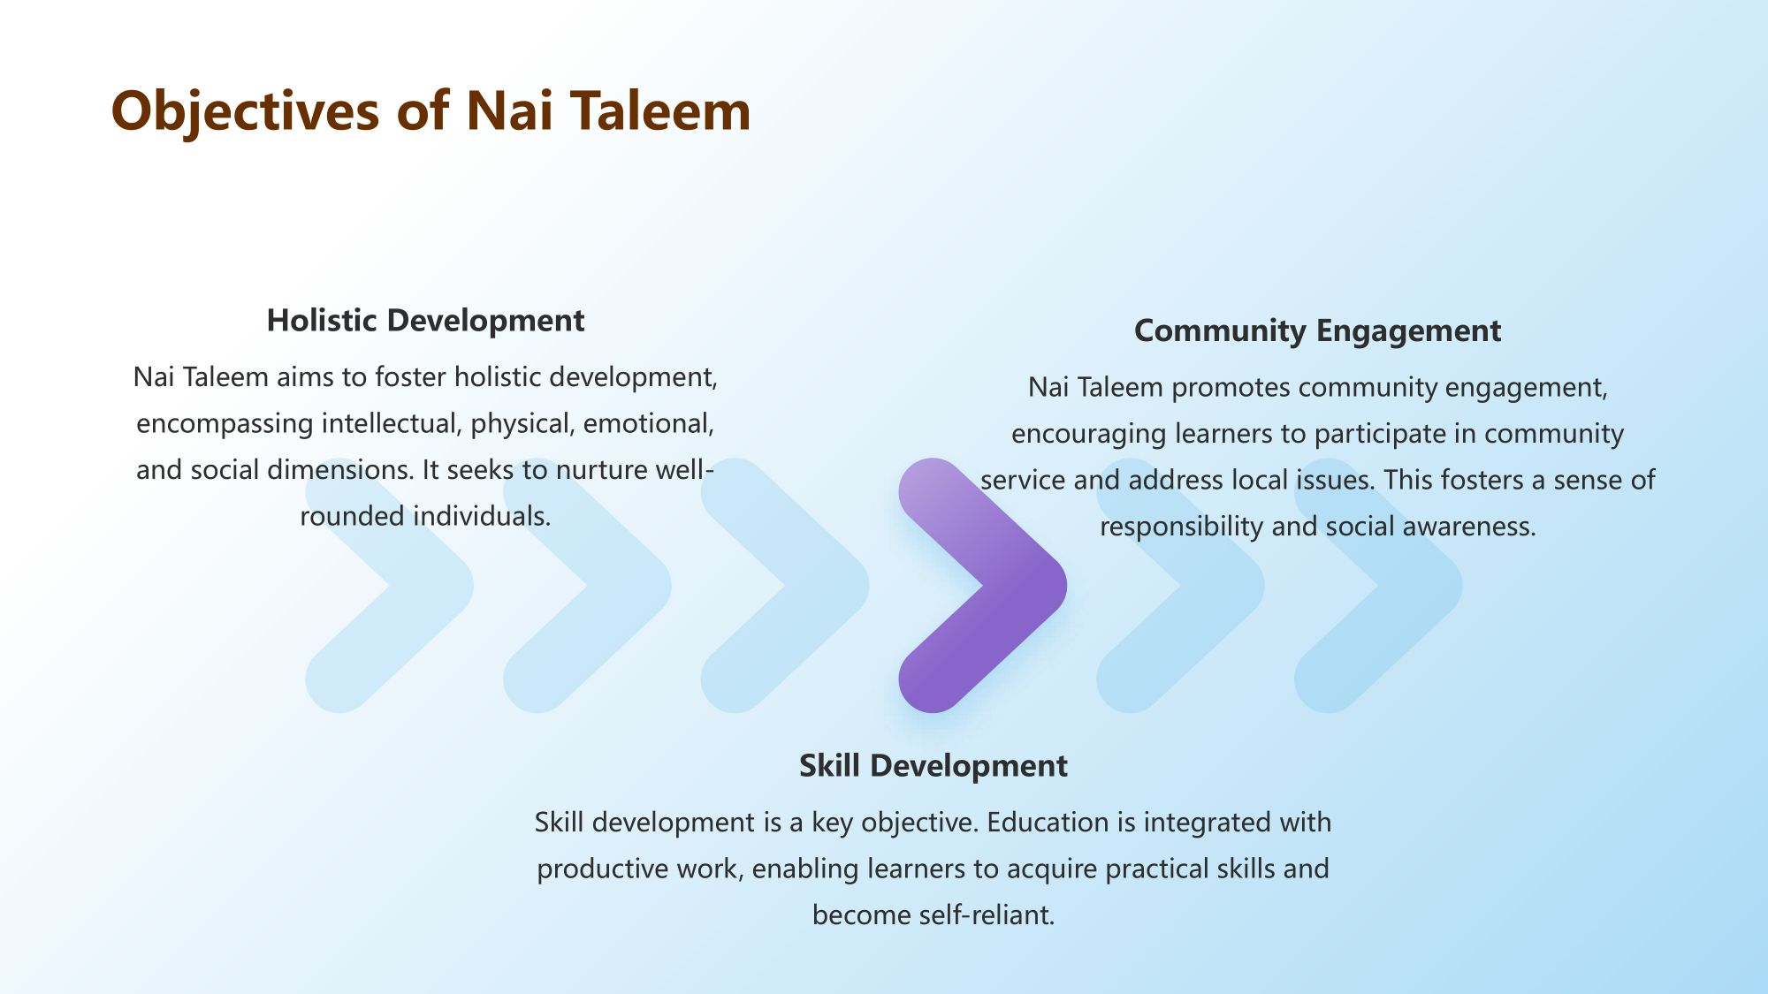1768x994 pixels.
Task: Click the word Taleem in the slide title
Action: [x=661, y=111]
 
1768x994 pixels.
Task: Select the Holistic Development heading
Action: [x=425, y=320]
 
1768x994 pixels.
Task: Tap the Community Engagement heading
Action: [x=1317, y=331]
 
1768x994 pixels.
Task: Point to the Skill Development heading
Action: [x=934, y=765]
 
